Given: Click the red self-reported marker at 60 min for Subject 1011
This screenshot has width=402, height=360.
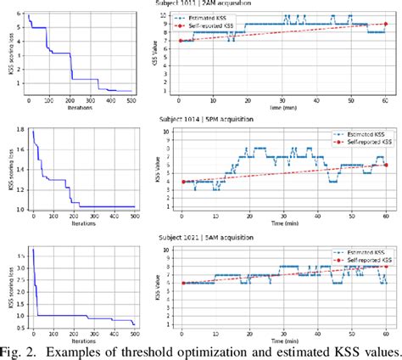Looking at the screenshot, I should (x=386, y=25).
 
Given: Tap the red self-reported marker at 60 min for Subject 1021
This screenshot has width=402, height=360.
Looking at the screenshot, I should (x=387, y=267).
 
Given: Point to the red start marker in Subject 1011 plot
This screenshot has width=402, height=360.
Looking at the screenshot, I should (x=180, y=40).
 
